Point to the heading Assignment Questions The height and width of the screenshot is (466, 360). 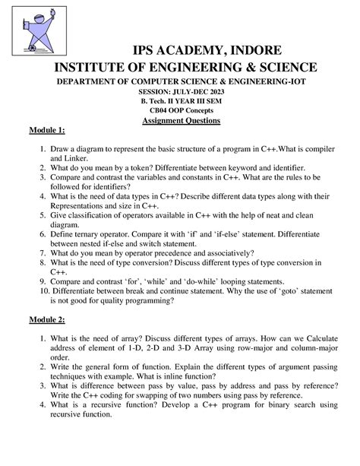click(181, 121)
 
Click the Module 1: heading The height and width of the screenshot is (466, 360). click(46, 132)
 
